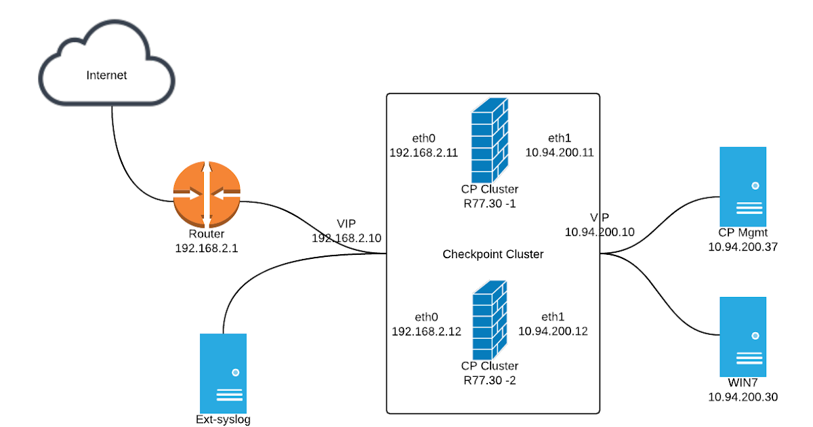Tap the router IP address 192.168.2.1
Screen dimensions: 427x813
coord(207,248)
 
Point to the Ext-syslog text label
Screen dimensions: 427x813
coord(223,420)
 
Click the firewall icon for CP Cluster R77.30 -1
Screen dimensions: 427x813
coord(490,139)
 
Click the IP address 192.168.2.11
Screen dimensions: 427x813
coord(423,152)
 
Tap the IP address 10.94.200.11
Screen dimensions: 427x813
coord(560,152)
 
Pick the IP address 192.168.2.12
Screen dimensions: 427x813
coord(426,331)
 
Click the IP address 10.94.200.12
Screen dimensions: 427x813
coord(553,331)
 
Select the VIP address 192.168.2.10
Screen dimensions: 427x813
coord(346,238)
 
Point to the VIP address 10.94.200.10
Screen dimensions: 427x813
coord(600,232)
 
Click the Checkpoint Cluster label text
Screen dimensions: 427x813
coord(493,255)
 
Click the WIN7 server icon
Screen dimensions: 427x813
coord(743,335)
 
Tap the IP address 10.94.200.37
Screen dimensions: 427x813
coord(743,248)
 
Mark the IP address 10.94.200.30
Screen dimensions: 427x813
coord(743,397)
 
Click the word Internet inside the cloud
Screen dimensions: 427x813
coord(106,75)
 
